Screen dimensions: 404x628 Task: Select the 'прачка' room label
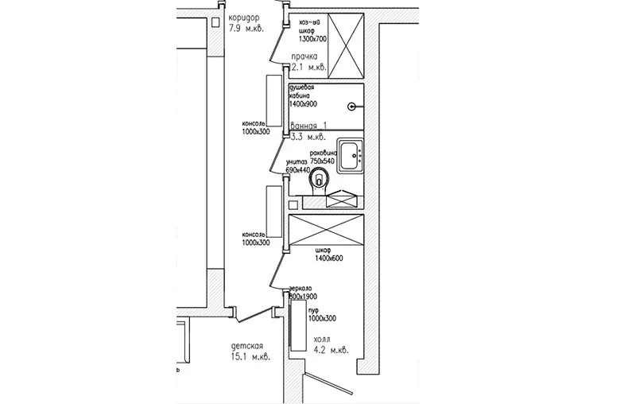pyautogui.click(x=304, y=57)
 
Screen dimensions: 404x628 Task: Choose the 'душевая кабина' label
pyautogui.click(x=307, y=91)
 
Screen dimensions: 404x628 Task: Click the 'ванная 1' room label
pyautogui.click(x=310, y=126)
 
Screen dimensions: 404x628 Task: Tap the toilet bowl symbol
pyautogui.click(x=320, y=181)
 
